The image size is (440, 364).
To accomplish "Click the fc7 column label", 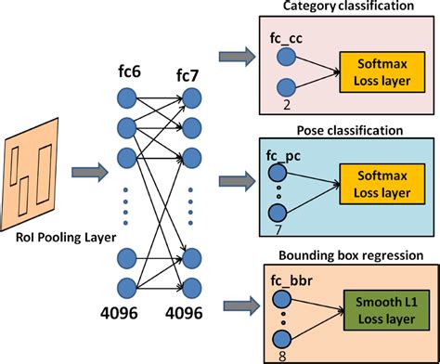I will [190, 72].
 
